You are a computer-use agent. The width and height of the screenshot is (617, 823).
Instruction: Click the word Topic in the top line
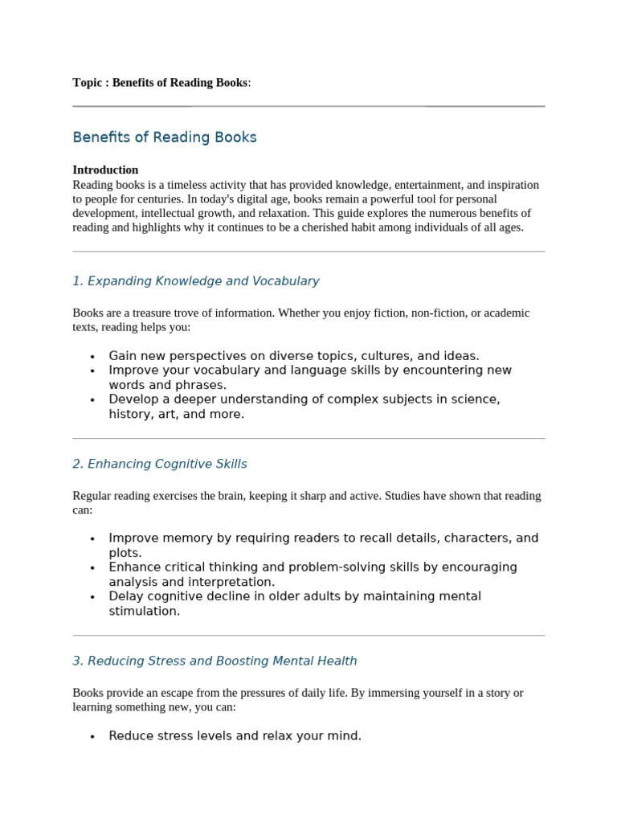pyautogui.click(x=87, y=83)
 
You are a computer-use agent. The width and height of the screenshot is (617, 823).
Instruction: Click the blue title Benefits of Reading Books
pyautogui.click(x=165, y=137)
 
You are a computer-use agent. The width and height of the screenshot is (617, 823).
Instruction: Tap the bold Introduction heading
pyautogui.click(x=105, y=170)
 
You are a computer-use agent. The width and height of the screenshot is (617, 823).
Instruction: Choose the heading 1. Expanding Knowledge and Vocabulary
pyautogui.click(x=195, y=281)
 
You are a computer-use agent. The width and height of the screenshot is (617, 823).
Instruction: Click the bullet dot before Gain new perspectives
pyautogui.click(x=92, y=357)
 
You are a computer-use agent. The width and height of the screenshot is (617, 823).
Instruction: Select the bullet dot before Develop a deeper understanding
pyautogui.click(x=92, y=400)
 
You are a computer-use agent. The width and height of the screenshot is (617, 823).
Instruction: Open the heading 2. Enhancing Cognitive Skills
pyautogui.click(x=159, y=465)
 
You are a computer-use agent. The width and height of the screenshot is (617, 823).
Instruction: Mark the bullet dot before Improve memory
pyautogui.click(x=92, y=539)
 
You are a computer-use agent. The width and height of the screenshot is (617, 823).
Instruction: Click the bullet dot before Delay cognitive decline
pyautogui.click(x=92, y=597)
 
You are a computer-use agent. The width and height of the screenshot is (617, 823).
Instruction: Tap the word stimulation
pyautogui.click(x=145, y=611)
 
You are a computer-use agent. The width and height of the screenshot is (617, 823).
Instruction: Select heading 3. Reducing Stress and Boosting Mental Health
pyautogui.click(x=215, y=661)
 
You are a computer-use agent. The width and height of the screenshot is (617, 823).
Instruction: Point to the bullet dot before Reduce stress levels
pyautogui.click(x=92, y=737)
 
